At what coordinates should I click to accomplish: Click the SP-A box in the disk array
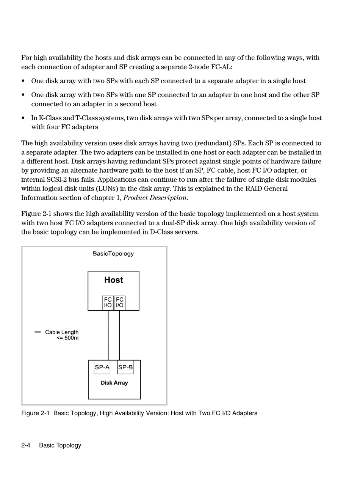click(102, 367)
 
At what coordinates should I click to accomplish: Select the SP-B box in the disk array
click(125, 367)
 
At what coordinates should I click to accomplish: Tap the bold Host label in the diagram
click(114, 280)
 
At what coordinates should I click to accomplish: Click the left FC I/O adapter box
click(108, 302)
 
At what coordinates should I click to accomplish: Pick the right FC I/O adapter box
click(120, 302)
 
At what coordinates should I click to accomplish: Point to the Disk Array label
click(114, 383)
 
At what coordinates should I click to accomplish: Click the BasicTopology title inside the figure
click(113, 253)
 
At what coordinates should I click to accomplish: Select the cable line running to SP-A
click(108, 335)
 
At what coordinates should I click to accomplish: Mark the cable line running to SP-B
click(119, 335)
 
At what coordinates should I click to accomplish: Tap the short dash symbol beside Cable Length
click(38, 332)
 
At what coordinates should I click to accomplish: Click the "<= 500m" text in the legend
click(67, 338)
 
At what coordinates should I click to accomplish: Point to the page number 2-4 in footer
click(26, 445)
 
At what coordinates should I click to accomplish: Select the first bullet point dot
click(23, 81)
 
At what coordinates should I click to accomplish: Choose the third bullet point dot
click(23, 118)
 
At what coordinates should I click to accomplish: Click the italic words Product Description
click(155, 198)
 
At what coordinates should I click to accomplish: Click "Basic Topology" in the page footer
click(60, 445)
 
